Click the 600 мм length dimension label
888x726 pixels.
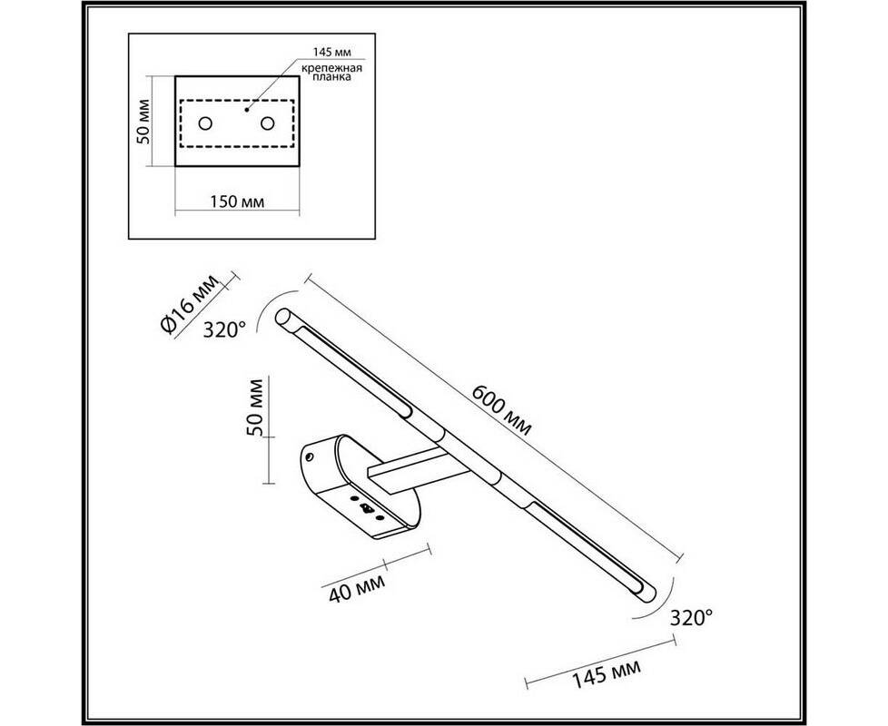pyautogui.click(x=502, y=410)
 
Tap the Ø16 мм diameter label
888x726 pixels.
pyautogui.click(x=189, y=305)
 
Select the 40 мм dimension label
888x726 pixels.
pyautogui.click(x=357, y=588)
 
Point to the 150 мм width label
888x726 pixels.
pyautogui.click(x=237, y=201)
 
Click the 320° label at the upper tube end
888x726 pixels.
pyautogui.click(x=224, y=329)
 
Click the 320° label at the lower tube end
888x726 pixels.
pyautogui.click(x=691, y=617)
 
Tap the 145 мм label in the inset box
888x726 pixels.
pyautogui.click(x=332, y=52)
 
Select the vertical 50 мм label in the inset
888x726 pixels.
pyautogui.click(x=144, y=121)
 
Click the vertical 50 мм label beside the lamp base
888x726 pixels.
pyautogui.click(x=256, y=407)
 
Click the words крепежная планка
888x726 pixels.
pyautogui.click(x=331, y=73)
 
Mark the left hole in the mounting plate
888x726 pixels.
pyautogui.click(x=205, y=123)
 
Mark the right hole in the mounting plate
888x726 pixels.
pyautogui.click(x=267, y=123)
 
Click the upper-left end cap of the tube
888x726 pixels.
pyautogui.click(x=282, y=316)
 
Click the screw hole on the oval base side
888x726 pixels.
pyautogui.click(x=310, y=456)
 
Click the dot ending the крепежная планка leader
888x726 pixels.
pyautogui.click(x=246, y=110)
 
